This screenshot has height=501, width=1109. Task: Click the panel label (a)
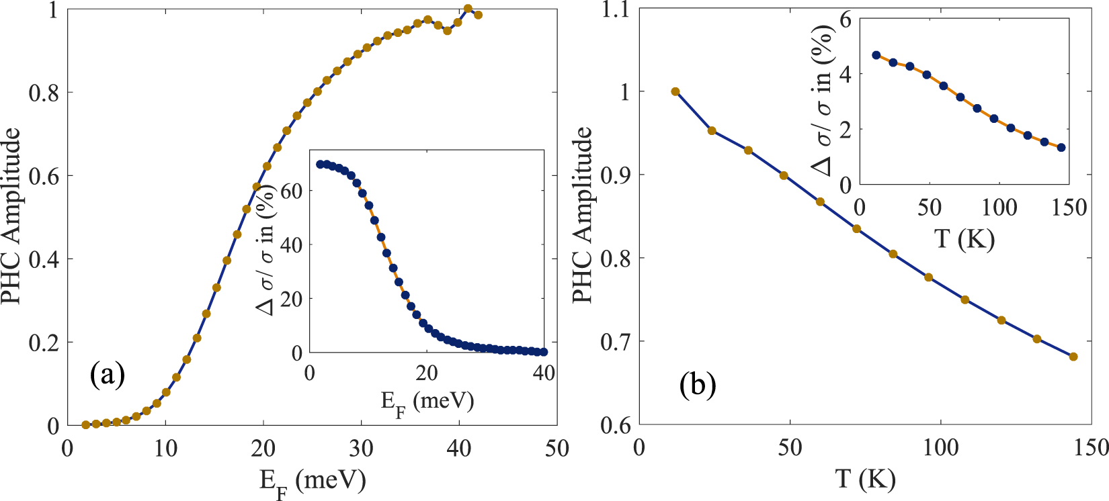click(x=108, y=375)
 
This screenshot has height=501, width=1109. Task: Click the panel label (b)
click(x=698, y=385)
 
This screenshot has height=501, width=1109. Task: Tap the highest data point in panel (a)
click(x=468, y=9)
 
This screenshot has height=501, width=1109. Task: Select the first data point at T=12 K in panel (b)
click(x=675, y=91)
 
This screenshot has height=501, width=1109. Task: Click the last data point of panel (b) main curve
click(x=1073, y=357)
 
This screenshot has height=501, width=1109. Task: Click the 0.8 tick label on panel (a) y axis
click(x=43, y=93)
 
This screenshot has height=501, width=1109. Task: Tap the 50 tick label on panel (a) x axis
click(x=557, y=448)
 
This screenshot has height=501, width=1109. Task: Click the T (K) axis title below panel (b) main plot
click(x=866, y=479)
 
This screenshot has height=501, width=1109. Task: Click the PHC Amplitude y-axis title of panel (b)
click(x=583, y=215)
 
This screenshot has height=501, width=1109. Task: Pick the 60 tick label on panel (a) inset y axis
click(x=291, y=191)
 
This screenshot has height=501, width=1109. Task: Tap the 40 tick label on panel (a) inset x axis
click(x=543, y=372)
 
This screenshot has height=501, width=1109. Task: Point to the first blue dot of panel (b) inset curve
click(x=876, y=55)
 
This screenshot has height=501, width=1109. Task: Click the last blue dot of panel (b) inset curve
click(x=1061, y=148)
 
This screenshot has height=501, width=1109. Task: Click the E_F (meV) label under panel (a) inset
click(x=427, y=402)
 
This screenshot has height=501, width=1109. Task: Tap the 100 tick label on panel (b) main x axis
click(x=940, y=448)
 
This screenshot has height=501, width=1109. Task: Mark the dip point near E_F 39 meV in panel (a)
click(x=448, y=31)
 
